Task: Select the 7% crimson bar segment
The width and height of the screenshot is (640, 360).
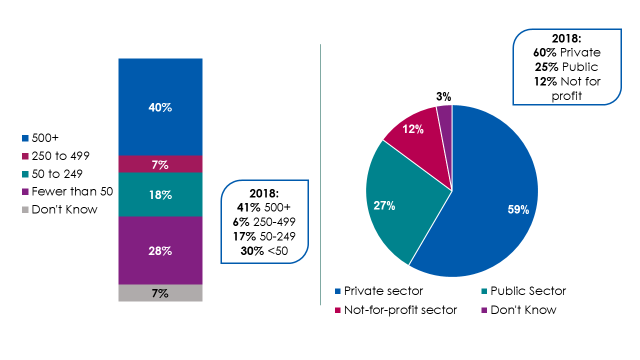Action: [x=160, y=164]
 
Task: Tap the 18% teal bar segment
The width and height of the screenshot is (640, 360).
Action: [x=160, y=195]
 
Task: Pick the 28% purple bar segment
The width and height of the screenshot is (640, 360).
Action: [x=160, y=251]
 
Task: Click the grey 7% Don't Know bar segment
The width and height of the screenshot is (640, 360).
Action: [x=160, y=293]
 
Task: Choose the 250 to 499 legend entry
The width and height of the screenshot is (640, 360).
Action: [x=55, y=155]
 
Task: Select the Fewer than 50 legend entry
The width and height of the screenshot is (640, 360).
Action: [x=67, y=191]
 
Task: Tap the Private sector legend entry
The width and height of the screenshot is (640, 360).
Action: [x=378, y=291]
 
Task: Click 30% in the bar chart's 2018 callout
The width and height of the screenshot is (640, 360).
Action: [x=252, y=251]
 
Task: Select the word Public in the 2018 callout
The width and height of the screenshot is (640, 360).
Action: [x=580, y=67]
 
